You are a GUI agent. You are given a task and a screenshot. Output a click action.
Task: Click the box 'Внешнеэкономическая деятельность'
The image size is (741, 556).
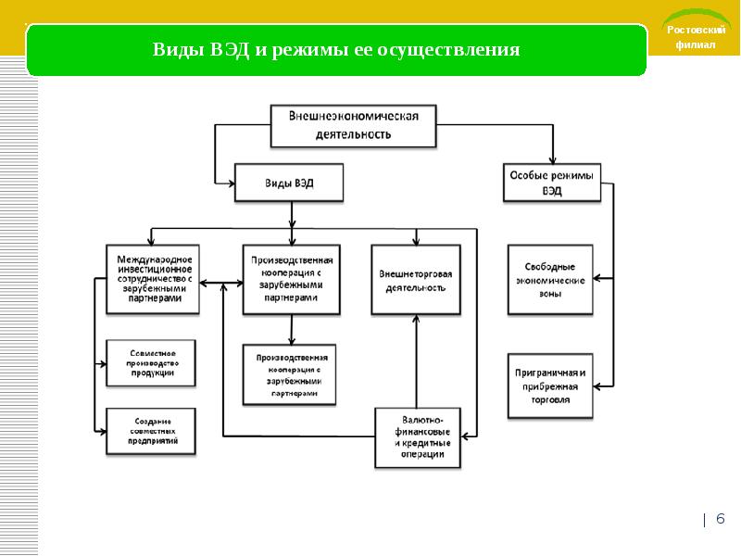pos(353,126)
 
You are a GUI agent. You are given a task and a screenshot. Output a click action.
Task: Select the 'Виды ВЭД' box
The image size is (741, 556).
pos(289,183)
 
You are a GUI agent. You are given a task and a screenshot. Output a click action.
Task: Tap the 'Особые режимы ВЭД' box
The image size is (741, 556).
pos(552,183)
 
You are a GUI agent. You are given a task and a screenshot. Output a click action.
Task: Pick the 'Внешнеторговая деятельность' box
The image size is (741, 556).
pos(416,281)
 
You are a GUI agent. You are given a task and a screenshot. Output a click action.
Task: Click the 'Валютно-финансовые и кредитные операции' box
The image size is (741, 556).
pos(418,436)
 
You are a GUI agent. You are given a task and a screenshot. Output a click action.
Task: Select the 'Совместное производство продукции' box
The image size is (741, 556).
pos(151,363)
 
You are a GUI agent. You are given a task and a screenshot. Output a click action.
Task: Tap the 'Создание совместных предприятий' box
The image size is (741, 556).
pos(151,432)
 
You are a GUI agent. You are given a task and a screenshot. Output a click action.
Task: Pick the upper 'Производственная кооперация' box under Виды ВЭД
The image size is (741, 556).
pos(292,278)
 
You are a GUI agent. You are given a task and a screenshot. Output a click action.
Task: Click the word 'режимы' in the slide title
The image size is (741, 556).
pos(309,50)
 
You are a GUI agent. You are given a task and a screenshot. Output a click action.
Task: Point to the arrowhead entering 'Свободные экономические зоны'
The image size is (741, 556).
pos(596,277)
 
